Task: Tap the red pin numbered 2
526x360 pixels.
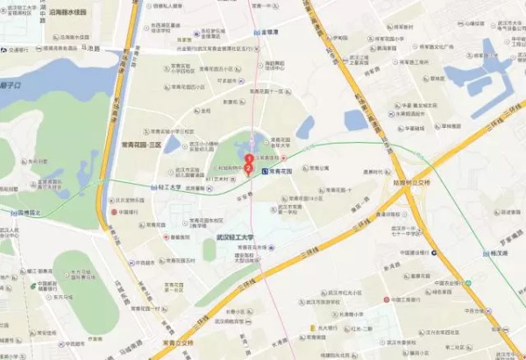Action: pos(249,166)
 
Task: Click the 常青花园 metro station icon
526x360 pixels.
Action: pos(265,172)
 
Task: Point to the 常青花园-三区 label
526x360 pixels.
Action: pos(142,144)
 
